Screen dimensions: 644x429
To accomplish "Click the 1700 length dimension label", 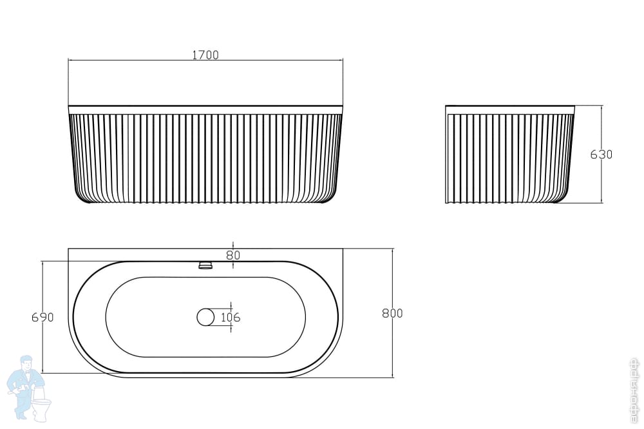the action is [x=205, y=55].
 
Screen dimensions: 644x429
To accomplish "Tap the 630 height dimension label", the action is [x=601, y=154].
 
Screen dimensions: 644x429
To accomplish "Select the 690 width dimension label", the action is [x=43, y=317].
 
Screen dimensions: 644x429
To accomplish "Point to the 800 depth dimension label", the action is [x=392, y=313].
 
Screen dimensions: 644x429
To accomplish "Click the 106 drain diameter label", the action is [x=231, y=317].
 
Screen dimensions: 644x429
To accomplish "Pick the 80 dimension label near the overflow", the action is [x=233, y=255].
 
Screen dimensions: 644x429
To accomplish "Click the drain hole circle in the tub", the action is [x=205, y=317].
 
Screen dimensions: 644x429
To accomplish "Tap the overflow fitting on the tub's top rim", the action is [x=205, y=265].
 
